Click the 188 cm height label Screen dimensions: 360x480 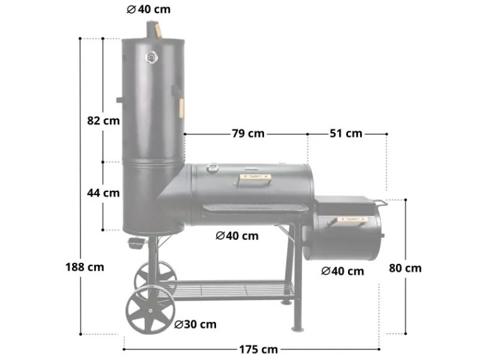[x=83, y=267]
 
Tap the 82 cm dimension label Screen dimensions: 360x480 [x=103, y=120]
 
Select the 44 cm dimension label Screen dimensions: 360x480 [x=103, y=193]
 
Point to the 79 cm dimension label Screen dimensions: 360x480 [x=248, y=133]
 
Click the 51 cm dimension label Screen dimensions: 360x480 [x=346, y=133]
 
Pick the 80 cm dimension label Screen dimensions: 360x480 [x=405, y=268]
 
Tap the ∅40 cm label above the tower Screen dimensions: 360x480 [x=149, y=9]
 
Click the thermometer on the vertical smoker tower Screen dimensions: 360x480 [x=151, y=58]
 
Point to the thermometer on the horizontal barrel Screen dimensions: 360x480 [x=212, y=169]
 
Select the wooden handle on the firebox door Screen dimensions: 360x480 [x=351, y=220]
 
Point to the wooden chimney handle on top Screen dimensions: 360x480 [x=157, y=29]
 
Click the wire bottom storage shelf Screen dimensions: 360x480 [x=234, y=290]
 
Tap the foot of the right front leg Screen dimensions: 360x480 [x=298, y=328]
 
